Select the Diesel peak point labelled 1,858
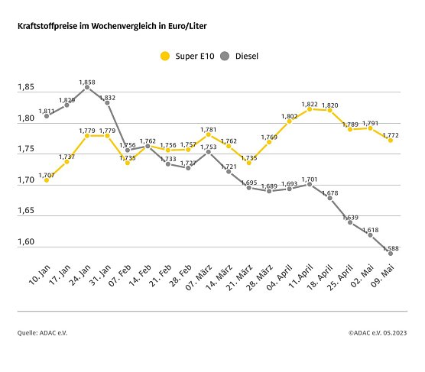(87, 87)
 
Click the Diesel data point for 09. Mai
(391, 254)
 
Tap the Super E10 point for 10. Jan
(47, 180)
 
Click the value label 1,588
(391, 247)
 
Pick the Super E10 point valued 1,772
(391, 140)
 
